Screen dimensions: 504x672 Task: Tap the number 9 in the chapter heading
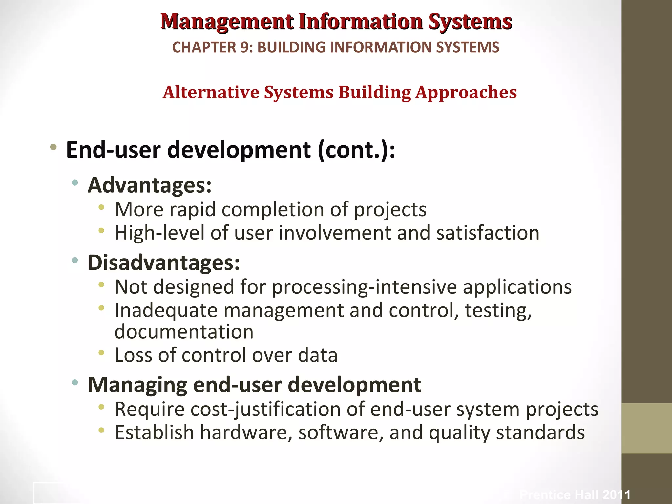coord(245,47)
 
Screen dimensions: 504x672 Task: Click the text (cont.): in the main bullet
coord(356,150)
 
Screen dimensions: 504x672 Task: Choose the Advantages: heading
coord(150,185)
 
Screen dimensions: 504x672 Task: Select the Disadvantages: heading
coord(164,263)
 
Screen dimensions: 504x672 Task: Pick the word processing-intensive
coord(364,287)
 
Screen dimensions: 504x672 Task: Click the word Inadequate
coord(166,310)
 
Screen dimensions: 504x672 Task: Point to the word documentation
coord(184,332)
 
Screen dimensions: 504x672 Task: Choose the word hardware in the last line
coord(246,432)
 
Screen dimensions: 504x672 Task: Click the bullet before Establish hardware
coord(101,430)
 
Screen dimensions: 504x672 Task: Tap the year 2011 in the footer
coord(617,495)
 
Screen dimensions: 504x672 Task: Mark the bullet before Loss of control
coord(101,353)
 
